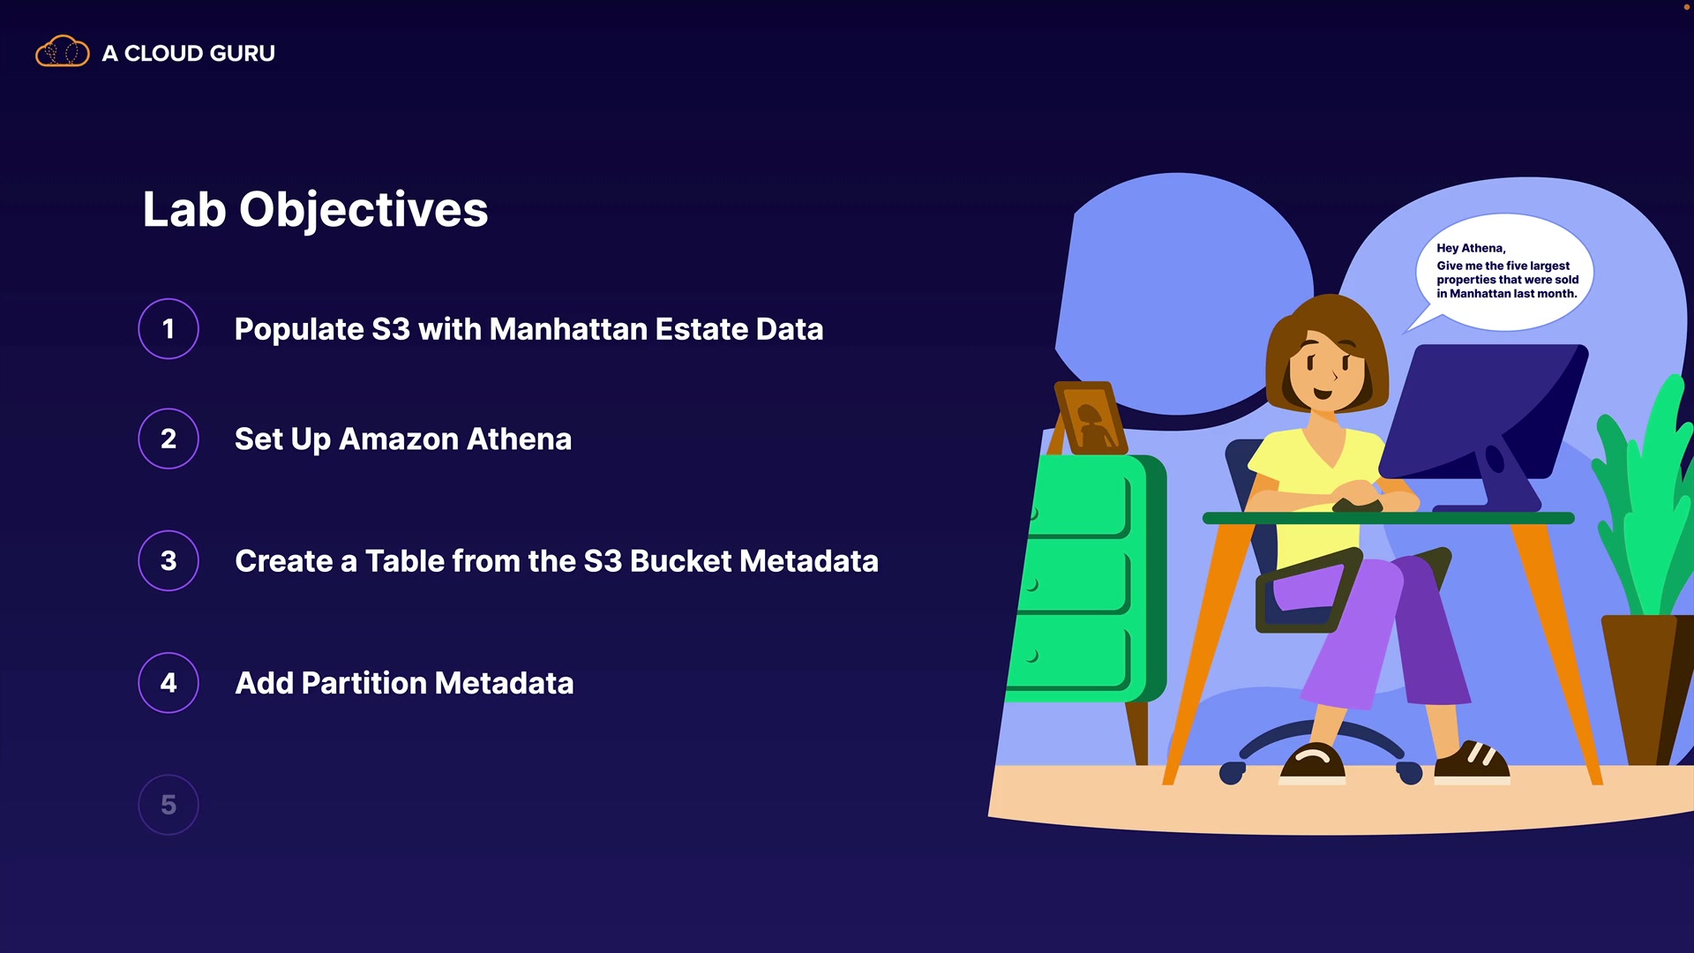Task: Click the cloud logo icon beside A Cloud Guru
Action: (x=62, y=52)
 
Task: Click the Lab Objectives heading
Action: (x=315, y=210)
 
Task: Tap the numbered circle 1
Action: (x=169, y=329)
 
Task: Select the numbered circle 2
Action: (x=169, y=439)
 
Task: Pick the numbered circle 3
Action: (x=169, y=560)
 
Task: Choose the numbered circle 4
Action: (x=169, y=682)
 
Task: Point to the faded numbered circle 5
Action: (x=169, y=804)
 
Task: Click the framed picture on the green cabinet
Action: (x=1091, y=418)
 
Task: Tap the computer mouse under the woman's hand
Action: (x=1357, y=505)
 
